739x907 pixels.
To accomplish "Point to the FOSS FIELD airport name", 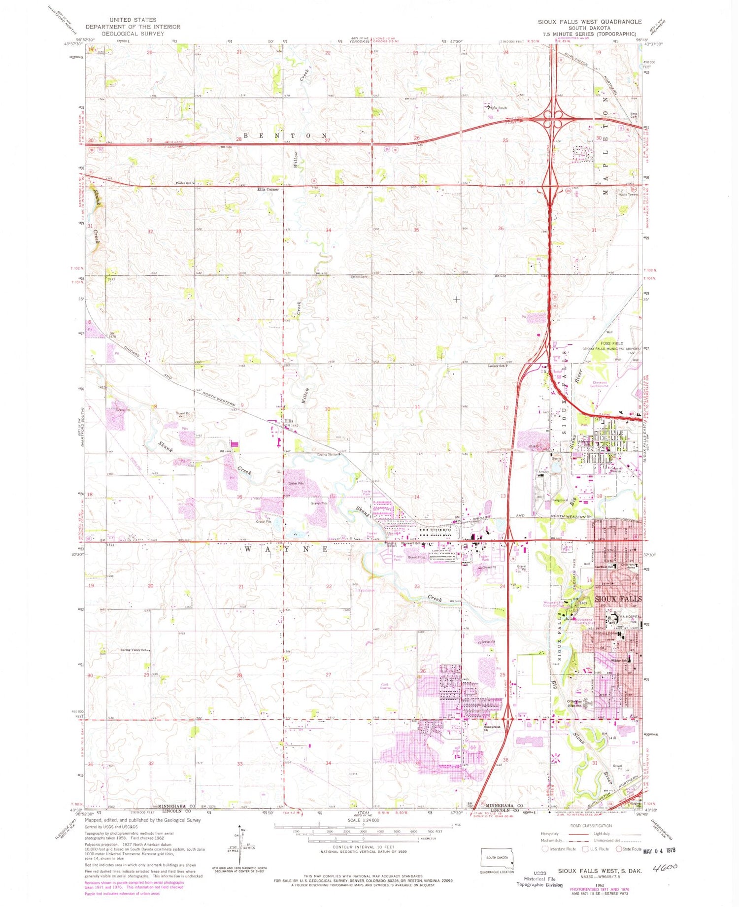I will [611, 343].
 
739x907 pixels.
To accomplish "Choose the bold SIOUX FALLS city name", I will [618, 599].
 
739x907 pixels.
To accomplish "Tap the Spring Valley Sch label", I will [134, 650].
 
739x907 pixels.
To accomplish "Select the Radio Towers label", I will [629, 194].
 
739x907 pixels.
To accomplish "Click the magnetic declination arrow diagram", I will [240, 845].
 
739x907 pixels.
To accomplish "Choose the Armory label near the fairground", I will [543, 472].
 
